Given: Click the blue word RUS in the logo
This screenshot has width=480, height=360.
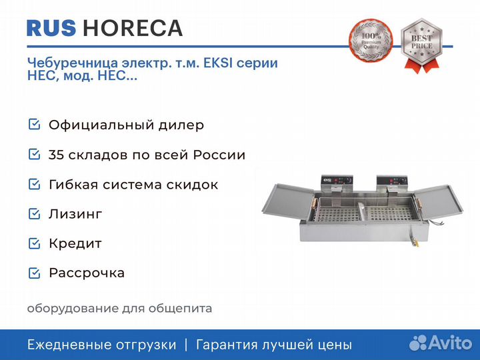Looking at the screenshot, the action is click(x=51, y=29).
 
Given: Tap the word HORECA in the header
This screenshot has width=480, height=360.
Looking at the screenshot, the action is click(x=133, y=29).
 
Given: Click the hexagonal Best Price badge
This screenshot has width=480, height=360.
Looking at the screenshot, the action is click(x=422, y=45).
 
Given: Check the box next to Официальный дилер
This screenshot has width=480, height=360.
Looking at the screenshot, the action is click(x=34, y=124).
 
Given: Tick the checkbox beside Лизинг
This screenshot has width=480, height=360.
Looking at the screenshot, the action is click(x=34, y=214).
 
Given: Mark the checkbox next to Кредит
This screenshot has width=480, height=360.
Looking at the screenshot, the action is click(x=34, y=243).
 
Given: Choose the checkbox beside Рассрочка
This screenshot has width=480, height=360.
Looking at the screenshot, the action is click(x=34, y=273).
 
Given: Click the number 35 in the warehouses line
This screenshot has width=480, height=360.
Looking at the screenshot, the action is click(x=56, y=155).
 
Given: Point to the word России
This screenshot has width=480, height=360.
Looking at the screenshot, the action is click(x=219, y=155).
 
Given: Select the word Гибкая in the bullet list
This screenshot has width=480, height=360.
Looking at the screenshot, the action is click(x=73, y=185).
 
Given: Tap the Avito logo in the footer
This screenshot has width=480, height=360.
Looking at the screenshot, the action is click(x=441, y=343).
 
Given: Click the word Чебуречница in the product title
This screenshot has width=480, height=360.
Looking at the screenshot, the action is click(x=73, y=63).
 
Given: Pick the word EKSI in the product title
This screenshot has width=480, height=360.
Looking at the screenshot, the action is click(x=218, y=63).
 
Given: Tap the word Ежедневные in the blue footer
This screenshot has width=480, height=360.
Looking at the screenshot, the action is click(x=66, y=345).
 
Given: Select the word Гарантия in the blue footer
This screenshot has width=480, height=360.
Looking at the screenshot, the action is click(x=227, y=345).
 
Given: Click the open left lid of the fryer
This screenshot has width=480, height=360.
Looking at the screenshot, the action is click(x=288, y=201).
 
